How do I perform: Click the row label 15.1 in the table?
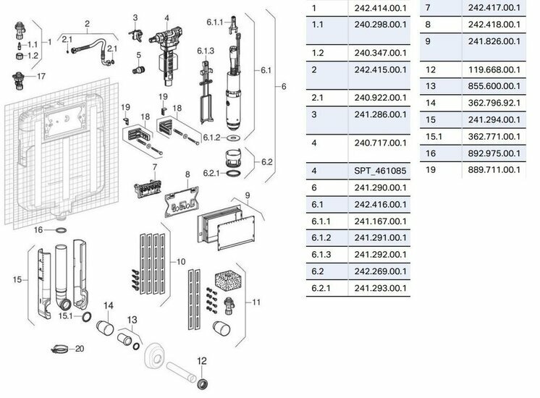[433, 136]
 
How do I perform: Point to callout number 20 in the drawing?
[80, 349]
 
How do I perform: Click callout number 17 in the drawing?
[41, 75]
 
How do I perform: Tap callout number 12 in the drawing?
[202, 360]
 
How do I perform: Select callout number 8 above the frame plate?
[187, 174]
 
